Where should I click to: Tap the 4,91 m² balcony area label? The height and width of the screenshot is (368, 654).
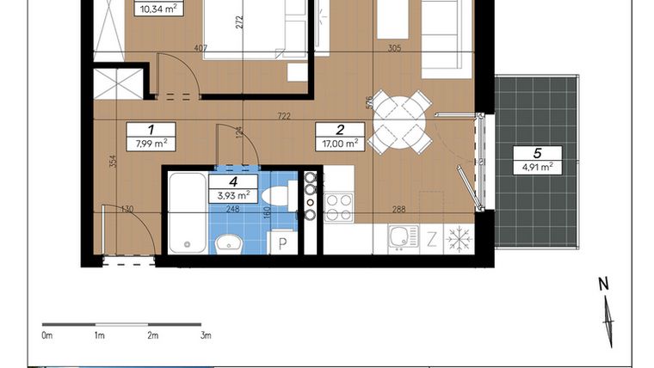click(x=536, y=167)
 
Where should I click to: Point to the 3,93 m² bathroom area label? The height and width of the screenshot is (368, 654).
click(x=231, y=194)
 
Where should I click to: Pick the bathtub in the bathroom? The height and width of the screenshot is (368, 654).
click(x=186, y=213)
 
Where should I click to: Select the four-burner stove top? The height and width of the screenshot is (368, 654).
click(x=338, y=206)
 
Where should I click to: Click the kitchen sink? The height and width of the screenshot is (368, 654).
click(x=403, y=238)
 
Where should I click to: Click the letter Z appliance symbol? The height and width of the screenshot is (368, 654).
click(x=431, y=239)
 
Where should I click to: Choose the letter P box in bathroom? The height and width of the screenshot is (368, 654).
click(x=281, y=242)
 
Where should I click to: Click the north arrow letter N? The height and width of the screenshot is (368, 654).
click(x=604, y=283)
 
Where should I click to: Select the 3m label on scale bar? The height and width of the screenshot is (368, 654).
click(x=205, y=334)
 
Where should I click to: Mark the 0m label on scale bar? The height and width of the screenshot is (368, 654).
click(x=47, y=334)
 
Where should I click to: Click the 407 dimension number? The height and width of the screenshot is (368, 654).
click(x=200, y=49)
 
